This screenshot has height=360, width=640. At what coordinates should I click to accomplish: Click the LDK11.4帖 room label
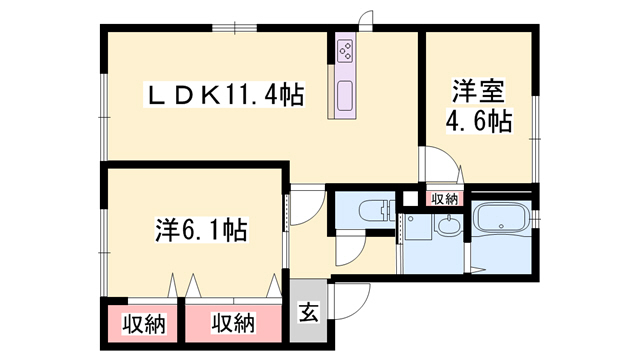tap(224, 95)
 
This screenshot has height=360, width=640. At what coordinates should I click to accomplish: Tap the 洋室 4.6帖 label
tap(479, 107)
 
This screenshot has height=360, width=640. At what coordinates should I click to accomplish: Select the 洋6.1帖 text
tap(201, 231)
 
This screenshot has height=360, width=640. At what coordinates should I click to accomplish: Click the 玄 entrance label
tap(308, 313)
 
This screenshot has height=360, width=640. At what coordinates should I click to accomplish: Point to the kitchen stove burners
tap(345, 50)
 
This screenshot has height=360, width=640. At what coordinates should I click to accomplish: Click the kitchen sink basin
tap(345, 96)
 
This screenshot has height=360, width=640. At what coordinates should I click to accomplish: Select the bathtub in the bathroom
tap(502, 220)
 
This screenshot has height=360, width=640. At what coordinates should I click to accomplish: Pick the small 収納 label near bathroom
tap(444, 200)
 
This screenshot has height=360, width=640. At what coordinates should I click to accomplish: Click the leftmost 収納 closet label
tap(144, 324)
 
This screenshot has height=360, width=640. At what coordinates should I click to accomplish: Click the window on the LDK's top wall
tap(235, 28)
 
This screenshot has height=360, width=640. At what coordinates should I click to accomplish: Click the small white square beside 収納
tap(408, 198)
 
